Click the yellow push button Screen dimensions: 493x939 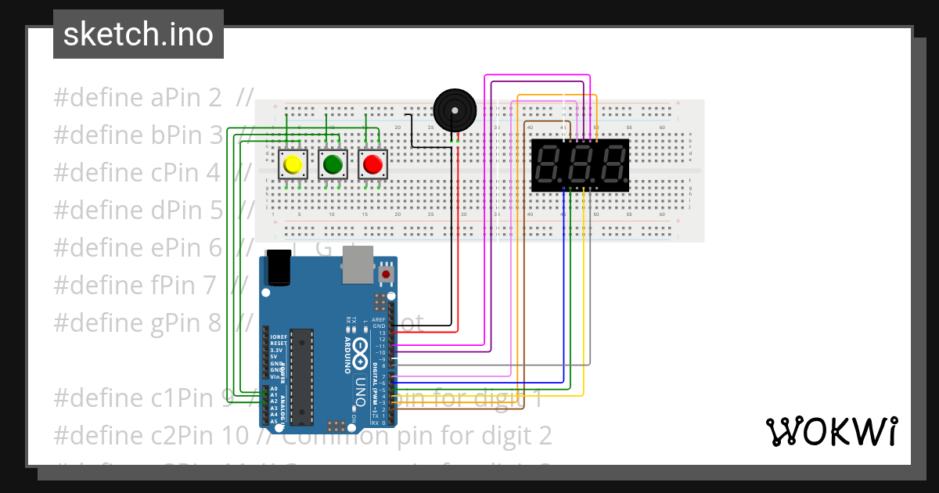(x=293, y=164)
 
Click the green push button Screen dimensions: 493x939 (x=333, y=164)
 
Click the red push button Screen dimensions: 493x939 (x=372, y=164)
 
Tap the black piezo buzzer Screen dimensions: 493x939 (x=454, y=110)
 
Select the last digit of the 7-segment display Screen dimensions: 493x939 (x=612, y=164)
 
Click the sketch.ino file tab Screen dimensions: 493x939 (x=139, y=34)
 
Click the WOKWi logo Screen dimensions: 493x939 (x=831, y=431)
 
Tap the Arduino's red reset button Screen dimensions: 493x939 (x=386, y=275)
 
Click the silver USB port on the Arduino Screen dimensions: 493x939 (x=358, y=269)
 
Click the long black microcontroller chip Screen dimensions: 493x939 (x=302, y=376)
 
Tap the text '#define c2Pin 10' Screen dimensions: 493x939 (x=149, y=435)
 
